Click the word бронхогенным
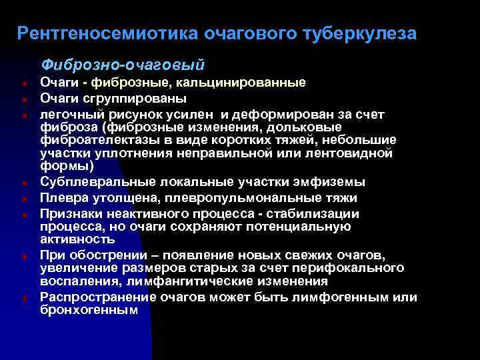coord(89,310)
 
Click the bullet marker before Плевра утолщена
coord(23,199)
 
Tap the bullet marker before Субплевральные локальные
coord(23,182)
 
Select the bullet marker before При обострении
coord(23,256)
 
